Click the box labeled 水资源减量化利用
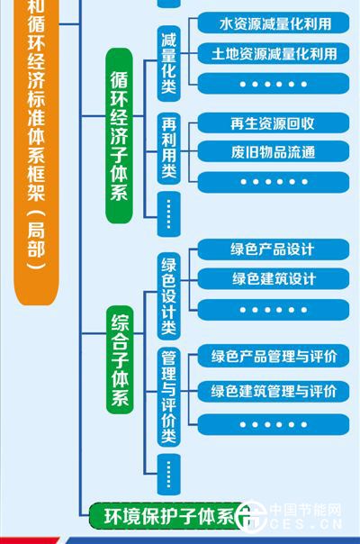click(274, 23)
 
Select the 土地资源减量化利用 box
click(274, 53)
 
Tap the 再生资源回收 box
click(274, 123)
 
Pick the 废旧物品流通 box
click(274, 152)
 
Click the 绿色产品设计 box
click(274, 249)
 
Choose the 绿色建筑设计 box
click(274, 278)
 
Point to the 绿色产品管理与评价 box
click(274, 356)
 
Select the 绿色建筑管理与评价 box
click(274, 392)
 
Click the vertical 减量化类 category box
click(169, 63)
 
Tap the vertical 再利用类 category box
click(169, 148)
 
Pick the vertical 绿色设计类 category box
click(169, 296)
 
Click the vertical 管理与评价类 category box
click(169, 396)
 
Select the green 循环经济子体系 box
click(119, 136)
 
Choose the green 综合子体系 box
click(120, 359)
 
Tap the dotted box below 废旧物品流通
click(274, 182)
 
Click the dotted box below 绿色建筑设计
click(274, 310)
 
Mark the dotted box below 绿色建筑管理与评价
click(274, 424)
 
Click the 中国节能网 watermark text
click(305, 510)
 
